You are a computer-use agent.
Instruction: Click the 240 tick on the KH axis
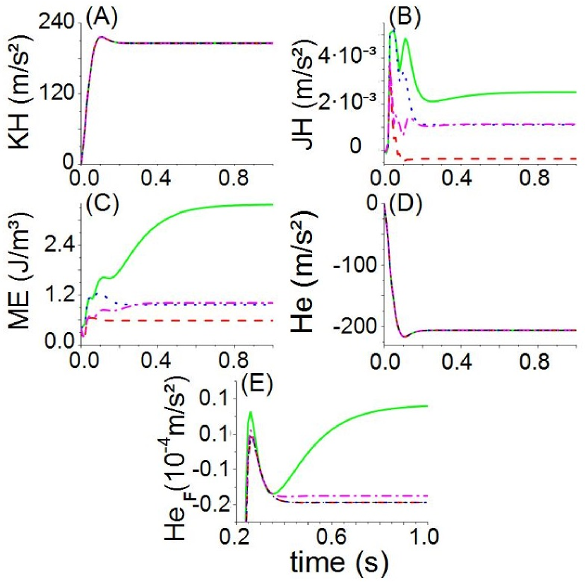(x=58, y=23)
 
